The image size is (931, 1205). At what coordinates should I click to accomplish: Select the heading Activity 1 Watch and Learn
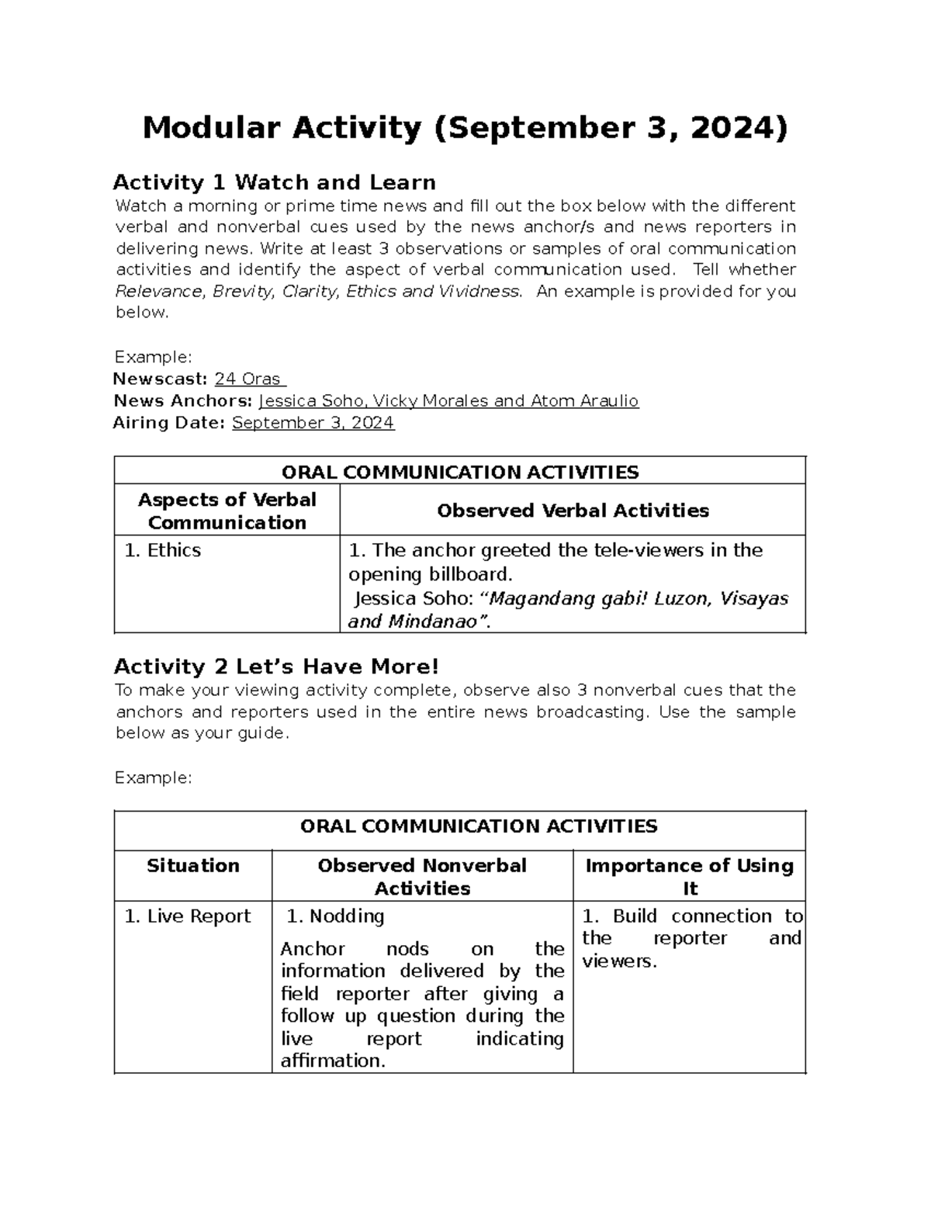coord(274,182)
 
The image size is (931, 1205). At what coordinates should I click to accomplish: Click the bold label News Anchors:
coord(182,400)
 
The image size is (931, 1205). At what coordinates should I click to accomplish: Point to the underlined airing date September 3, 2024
coord(313,422)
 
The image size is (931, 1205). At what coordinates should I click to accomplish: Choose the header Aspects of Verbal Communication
coord(227,511)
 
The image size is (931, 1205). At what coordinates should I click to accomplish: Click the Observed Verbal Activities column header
coord(573,511)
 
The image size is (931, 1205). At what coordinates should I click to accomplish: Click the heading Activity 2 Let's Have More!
coord(276,667)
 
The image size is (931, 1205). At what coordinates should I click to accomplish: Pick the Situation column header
coord(192,865)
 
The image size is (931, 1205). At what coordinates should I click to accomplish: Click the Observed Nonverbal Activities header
coord(422,877)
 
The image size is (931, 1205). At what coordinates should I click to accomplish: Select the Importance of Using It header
coord(689,877)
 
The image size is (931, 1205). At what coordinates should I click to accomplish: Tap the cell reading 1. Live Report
coord(187,916)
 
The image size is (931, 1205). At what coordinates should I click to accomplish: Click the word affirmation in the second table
coord(332,1061)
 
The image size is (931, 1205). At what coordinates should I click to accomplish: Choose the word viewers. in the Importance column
coord(619,961)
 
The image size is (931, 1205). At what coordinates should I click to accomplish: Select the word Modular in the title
coord(210,128)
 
